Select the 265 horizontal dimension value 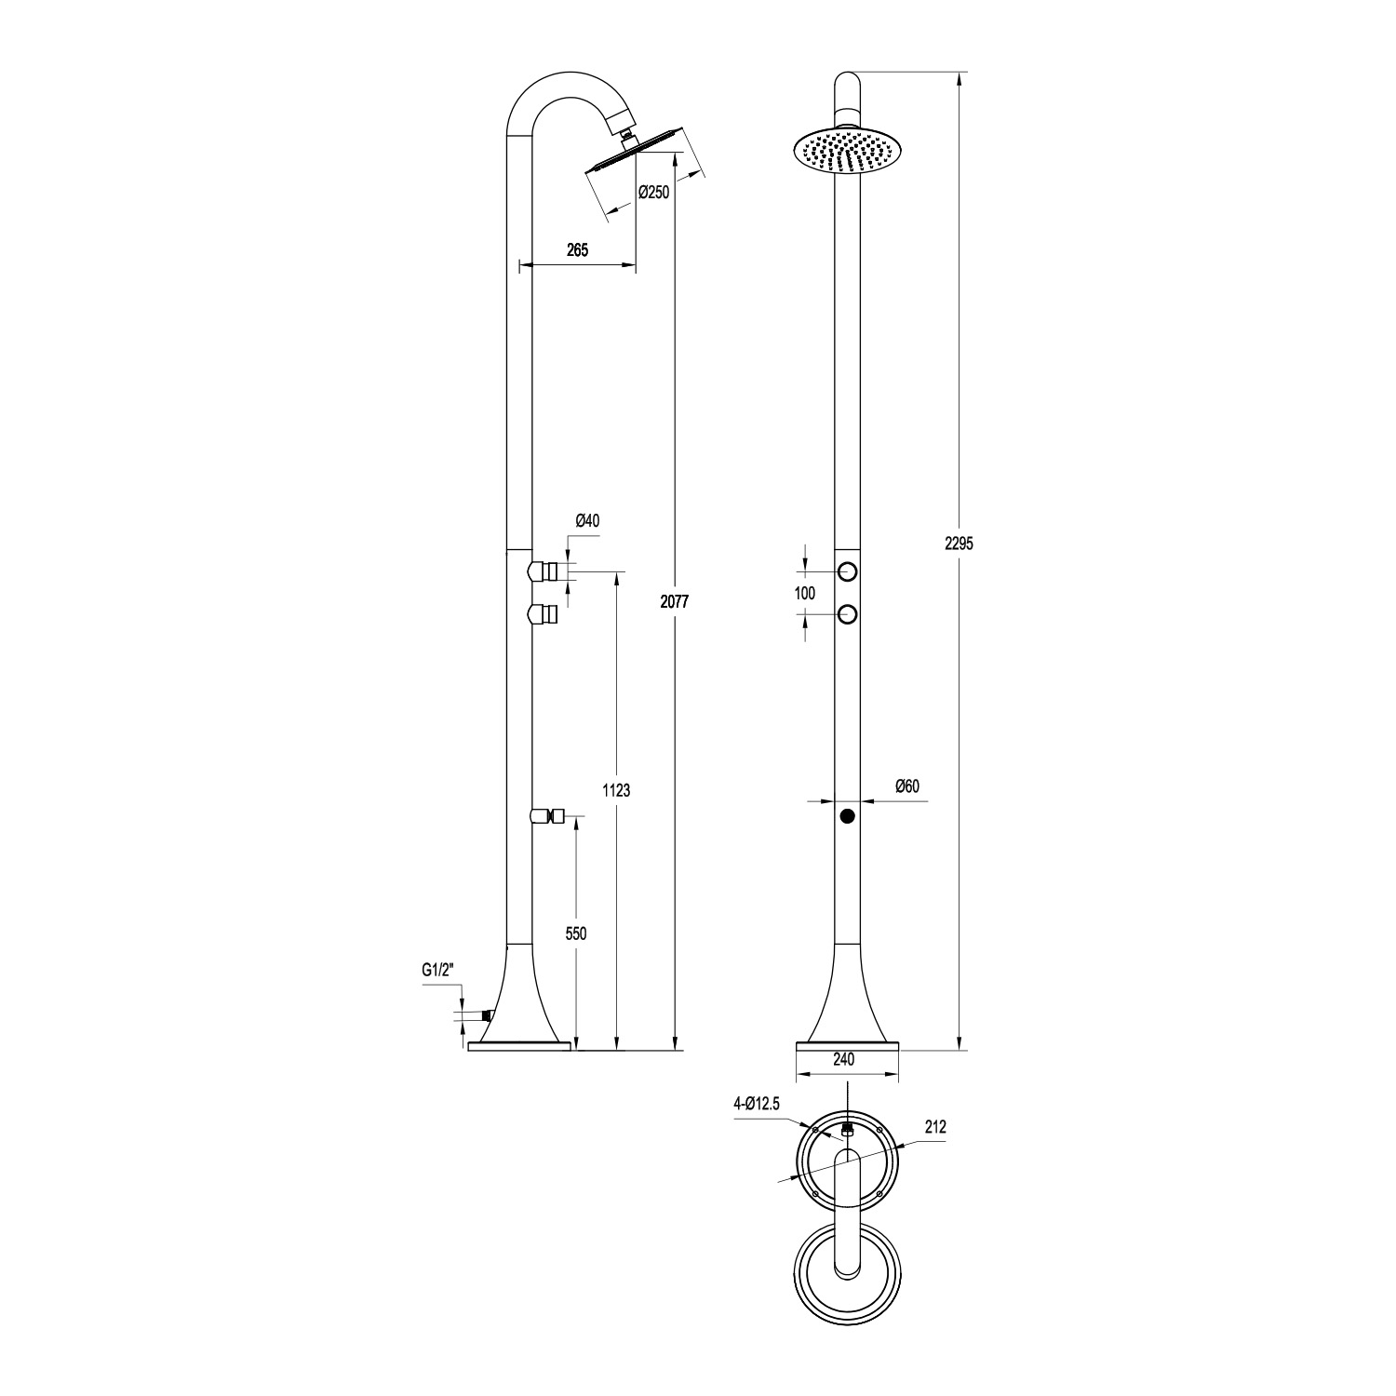[x=577, y=249]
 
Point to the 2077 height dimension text [x=675, y=602]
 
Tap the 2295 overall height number [x=959, y=544]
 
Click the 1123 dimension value [x=616, y=791]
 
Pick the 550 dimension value [x=576, y=933]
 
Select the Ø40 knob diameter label [x=587, y=521]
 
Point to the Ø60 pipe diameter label [x=906, y=786]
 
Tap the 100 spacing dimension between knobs [x=805, y=593]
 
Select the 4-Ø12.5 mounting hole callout [x=755, y=1104]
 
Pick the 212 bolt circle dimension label [x=935, y=1126]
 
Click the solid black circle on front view [x=847, y=816]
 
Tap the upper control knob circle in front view [x=847, y=570]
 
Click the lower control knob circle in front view [x=847, y=613]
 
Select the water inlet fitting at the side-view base [x=484, y=1017]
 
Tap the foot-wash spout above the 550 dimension [x=548, y=817]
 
